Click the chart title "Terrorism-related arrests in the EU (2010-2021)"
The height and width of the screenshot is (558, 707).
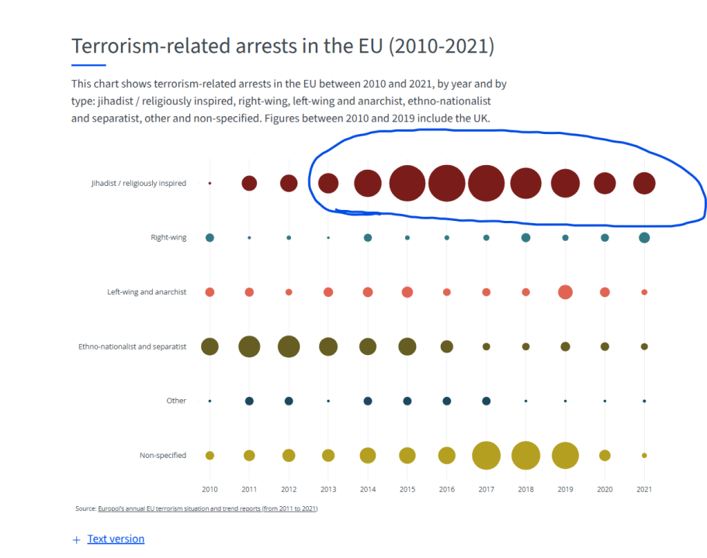(x=282, y=46)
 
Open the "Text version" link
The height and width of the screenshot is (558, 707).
(x=116, y=539)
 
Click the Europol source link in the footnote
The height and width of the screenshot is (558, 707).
(x=207, y=508)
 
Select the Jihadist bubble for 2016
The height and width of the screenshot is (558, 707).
(x=446, y=183)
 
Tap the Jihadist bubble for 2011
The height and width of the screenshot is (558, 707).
(x=249, y=183)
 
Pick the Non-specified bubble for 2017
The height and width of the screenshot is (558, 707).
(x=486, y=455)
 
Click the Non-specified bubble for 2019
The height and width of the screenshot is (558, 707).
(x=565, y=455)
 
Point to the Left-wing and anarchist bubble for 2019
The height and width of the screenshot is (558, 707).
(x=565, y=292)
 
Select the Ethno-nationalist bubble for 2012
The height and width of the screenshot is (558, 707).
(x=289, y=346)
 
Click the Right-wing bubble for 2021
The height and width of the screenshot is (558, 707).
(x=644, y=237)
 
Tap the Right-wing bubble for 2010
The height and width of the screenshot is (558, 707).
(x=210, y=237)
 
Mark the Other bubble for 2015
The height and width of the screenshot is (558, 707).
(x=407, y=401)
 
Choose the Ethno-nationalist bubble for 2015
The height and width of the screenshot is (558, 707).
(x=407, y=346)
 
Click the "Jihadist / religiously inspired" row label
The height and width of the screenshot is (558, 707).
(x=138, y=184)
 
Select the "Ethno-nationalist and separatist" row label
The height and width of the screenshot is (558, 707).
(x=132, y=346)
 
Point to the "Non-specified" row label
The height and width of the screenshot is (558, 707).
(x=163, y=455)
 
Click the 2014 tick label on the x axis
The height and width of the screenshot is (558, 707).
(x=368, y=489)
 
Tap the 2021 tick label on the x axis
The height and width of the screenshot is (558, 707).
(x=644, y=489)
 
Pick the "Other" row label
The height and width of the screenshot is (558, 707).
(x=176, y=401)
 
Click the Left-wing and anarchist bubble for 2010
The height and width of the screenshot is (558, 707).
(x=210, y=292)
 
